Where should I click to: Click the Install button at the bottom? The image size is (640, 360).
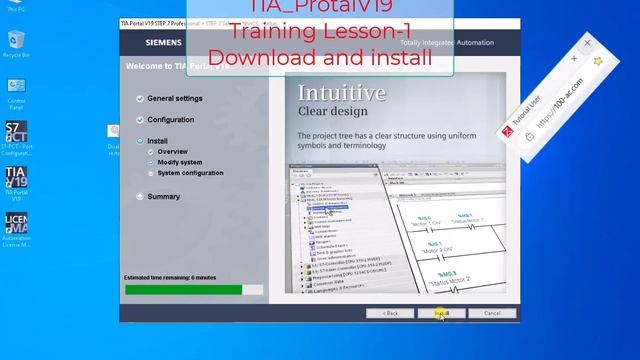pos(441,313)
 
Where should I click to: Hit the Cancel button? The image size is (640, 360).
pos(492,313)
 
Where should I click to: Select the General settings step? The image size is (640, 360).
pos(174,99)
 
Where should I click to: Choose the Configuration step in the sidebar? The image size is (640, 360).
pos(170,120)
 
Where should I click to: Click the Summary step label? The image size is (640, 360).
pos(163,197)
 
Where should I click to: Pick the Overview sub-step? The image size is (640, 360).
pos(172,151)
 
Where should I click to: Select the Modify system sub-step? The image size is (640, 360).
pos(179,162)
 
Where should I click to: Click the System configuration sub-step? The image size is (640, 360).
pos(190,173)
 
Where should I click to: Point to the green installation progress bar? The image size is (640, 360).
pos(183,290)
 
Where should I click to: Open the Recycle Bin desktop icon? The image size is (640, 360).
pos(16,41)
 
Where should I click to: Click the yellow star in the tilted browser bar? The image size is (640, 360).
pos(597,61)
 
